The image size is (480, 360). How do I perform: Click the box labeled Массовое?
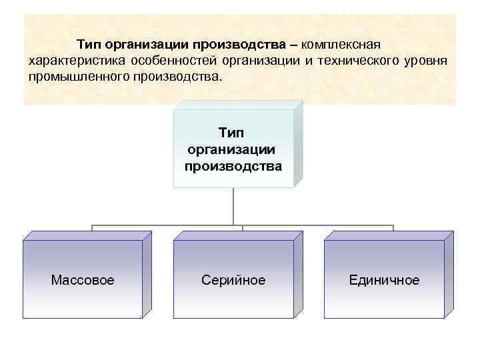click(x=82, y=279)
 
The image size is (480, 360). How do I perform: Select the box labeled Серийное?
click(x=233, y=279)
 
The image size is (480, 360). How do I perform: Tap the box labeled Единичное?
click(x=384, y=279)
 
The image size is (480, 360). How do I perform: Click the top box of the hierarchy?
click(x=233, y=148)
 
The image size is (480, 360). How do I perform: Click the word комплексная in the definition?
click(x=341, y=45)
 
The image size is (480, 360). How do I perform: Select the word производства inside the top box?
click(x=233, y=165)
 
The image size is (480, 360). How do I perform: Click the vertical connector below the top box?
click(x=233, y=207)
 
